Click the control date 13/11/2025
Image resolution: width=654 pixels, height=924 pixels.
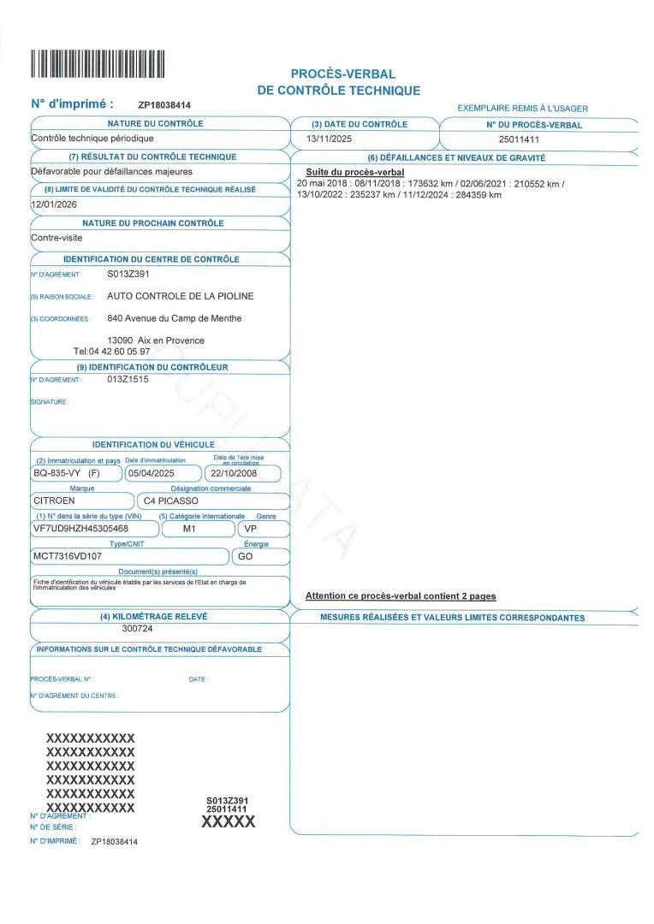pos(329,139)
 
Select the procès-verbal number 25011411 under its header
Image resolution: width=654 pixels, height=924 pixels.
pos(519,139)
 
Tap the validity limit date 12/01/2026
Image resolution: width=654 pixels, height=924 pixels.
pos(55,205)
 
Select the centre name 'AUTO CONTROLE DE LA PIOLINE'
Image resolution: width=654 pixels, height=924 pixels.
pos(180,296)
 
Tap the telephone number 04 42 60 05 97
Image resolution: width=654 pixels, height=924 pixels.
pos(120,352)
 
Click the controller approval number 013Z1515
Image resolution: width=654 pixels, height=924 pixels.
pos(128,379)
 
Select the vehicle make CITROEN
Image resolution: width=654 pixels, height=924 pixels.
pos(55,500)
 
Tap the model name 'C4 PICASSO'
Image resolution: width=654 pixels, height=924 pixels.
pos(176,500)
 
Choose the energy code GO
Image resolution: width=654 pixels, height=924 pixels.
pos(245,556)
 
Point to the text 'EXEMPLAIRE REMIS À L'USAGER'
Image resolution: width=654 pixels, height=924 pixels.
pos(522,108)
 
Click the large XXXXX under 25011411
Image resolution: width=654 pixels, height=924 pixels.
pos(228,822)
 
